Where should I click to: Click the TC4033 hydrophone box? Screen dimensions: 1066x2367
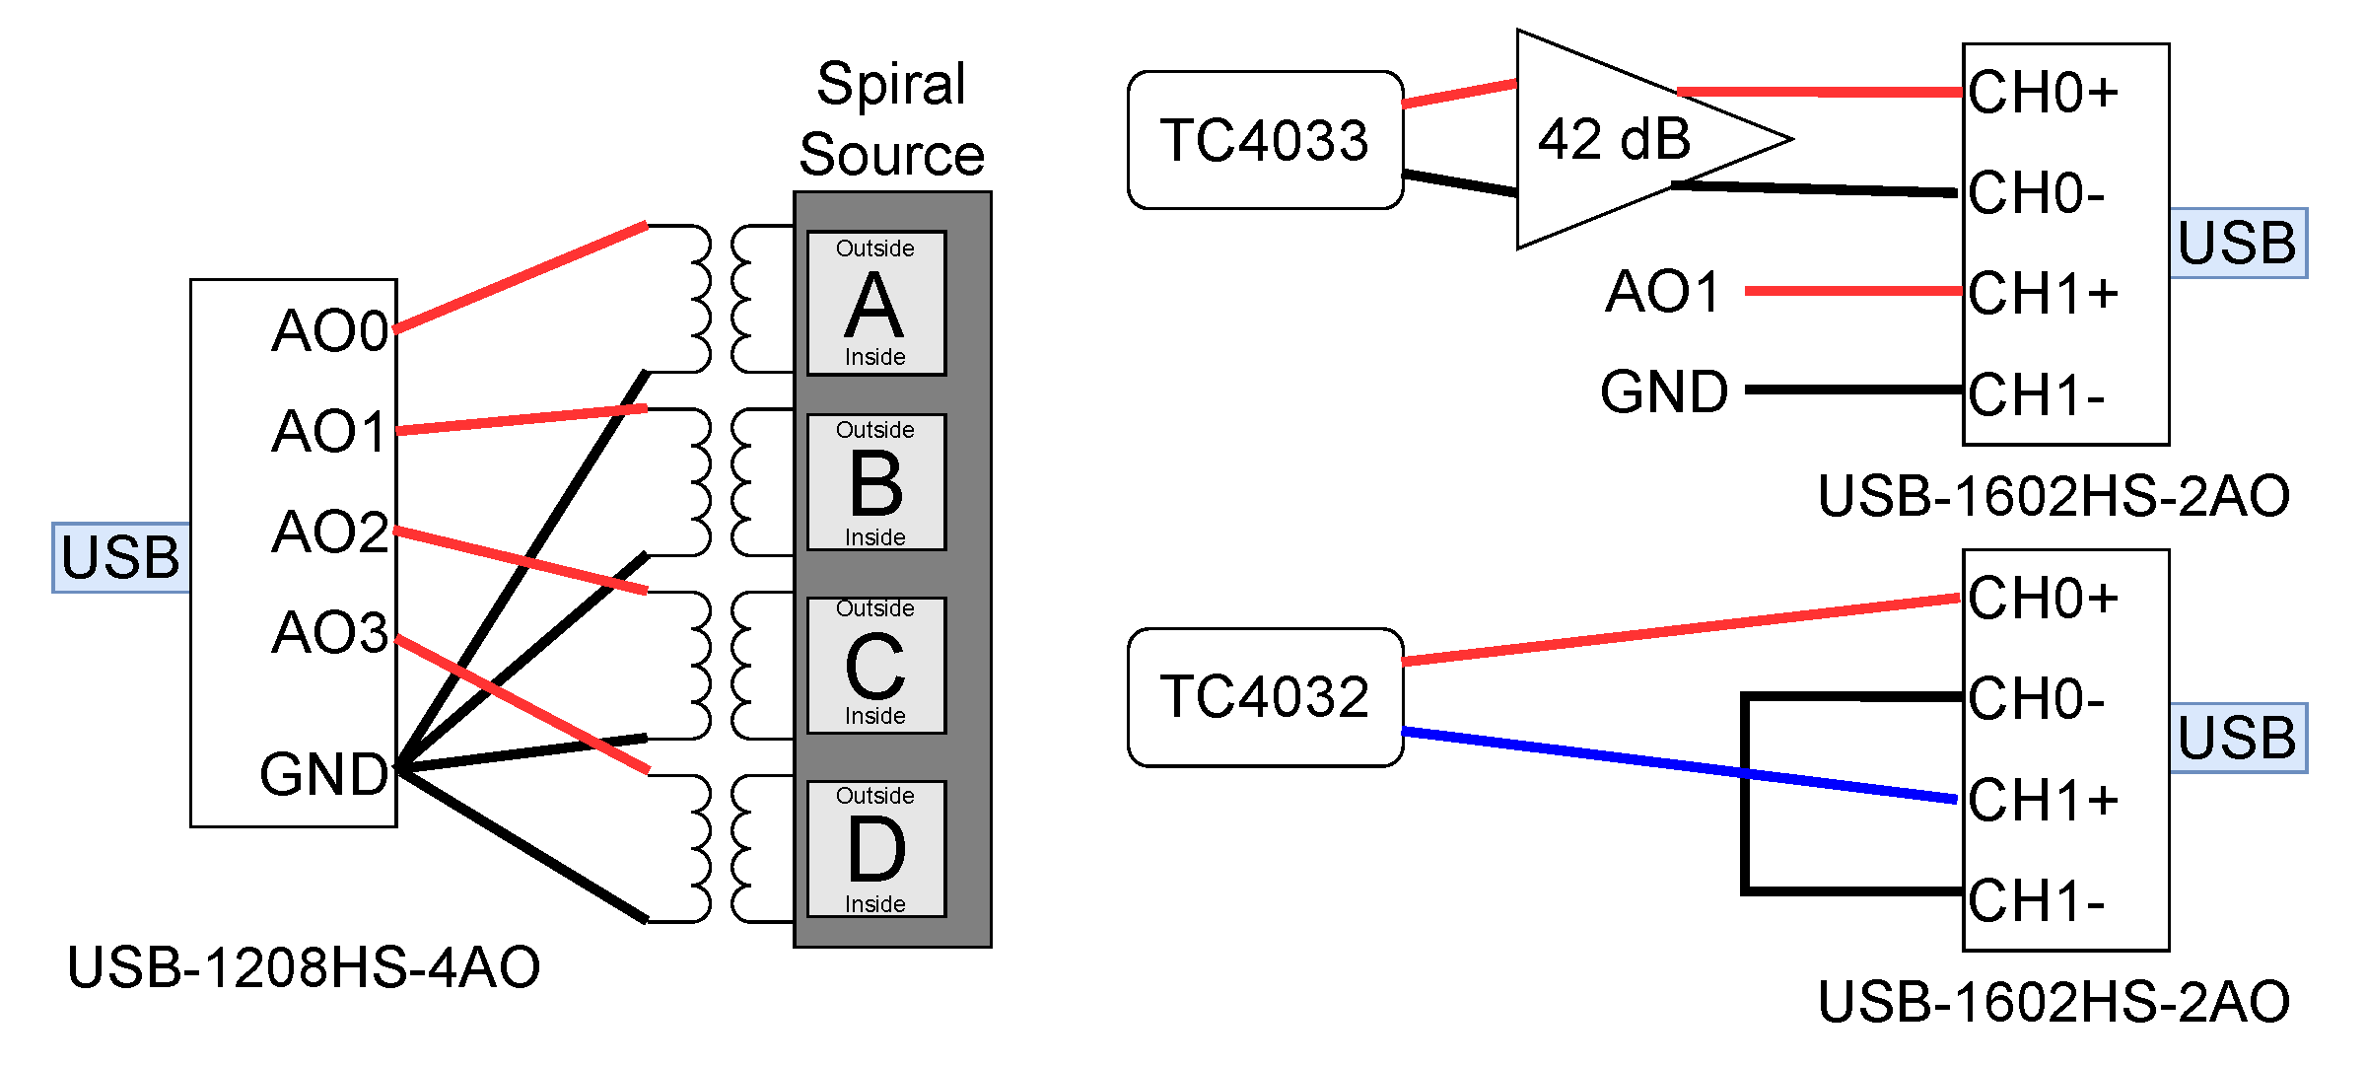click(x=1265, y=140)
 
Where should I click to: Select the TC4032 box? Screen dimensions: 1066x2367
click(x=1265, y=697)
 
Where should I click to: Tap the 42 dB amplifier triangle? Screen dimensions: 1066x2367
click(x=1617, y=139)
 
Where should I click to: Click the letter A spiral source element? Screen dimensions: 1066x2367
click(x=875, y=304)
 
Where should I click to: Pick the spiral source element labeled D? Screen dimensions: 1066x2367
click(x=875, y=849)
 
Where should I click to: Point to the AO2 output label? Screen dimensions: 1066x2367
click(x=330, y=533)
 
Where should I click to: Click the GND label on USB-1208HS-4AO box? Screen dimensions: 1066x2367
click(x=323, y=774)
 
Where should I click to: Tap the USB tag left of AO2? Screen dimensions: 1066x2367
click(x=120, y=558)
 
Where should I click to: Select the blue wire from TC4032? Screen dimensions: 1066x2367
click(x=1676, y=765)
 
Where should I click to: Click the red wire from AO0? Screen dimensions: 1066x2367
click(x=521, y=277)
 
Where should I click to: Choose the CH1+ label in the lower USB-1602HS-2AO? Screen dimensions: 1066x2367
click(x=2043, y=800)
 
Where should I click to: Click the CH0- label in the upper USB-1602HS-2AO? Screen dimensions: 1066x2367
click(x=2037, y=193)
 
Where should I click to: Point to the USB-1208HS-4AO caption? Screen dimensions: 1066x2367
click(x=304, y=967)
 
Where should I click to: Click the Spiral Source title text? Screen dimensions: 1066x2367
click(x=891, y=118)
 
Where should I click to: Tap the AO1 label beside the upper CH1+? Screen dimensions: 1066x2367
click(x=1663, y=293)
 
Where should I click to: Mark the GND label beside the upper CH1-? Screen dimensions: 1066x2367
click(x=1664, y=392)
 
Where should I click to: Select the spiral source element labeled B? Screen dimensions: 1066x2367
click(x=875, y=482)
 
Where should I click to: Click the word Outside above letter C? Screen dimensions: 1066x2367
click(x=875, y=608)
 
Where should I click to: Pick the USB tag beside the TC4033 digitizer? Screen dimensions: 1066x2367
click(x=2237, y=244)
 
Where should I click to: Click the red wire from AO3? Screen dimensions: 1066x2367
click(x=522, y=704)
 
